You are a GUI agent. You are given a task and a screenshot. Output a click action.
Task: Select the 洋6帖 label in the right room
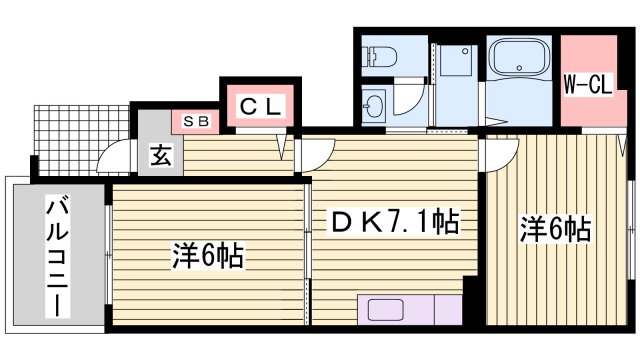point(554,229)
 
